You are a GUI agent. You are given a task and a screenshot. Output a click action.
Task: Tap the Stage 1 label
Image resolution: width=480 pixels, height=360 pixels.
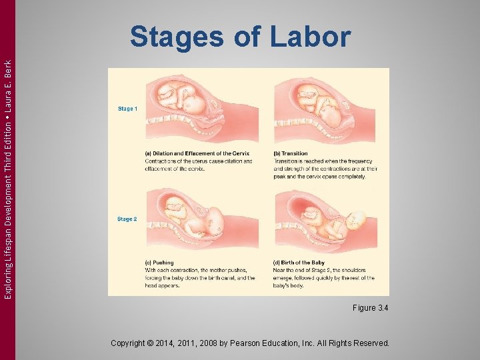[127, 109]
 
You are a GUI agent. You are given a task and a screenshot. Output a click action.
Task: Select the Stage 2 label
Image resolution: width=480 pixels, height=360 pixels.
[127, 219]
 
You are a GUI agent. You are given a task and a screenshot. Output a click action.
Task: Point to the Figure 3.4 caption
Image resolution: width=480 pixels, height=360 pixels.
[371, 308]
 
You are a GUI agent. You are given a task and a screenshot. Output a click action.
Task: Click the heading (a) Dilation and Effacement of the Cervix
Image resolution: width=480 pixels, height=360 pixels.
[197, 154]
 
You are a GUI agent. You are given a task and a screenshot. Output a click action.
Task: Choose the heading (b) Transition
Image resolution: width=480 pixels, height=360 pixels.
[291, 154]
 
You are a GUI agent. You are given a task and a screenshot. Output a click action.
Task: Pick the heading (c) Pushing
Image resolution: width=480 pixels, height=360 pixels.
[159, 263]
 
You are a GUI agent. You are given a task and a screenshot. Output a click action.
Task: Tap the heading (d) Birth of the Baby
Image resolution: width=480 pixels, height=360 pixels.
[301, 263]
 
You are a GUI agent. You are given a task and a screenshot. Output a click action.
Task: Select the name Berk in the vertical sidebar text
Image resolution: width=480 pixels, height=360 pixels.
[7, 69]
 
